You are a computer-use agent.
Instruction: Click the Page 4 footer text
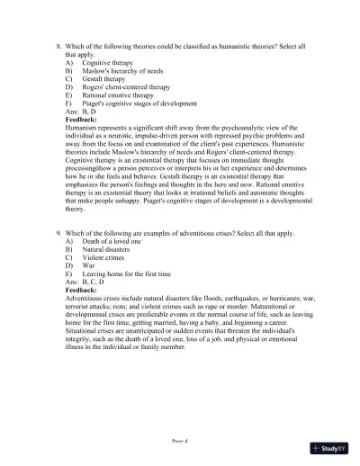tap(180, 440)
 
